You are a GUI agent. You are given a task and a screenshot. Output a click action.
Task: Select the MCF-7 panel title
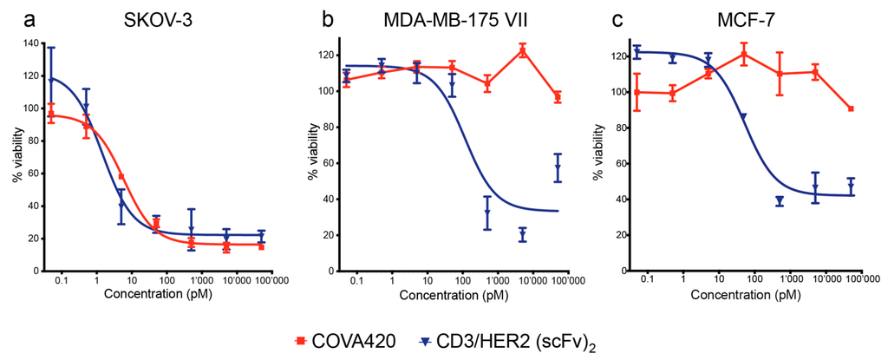(x=740, y=19)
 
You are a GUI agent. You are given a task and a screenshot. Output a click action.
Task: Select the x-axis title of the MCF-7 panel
(x=741, y=295)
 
